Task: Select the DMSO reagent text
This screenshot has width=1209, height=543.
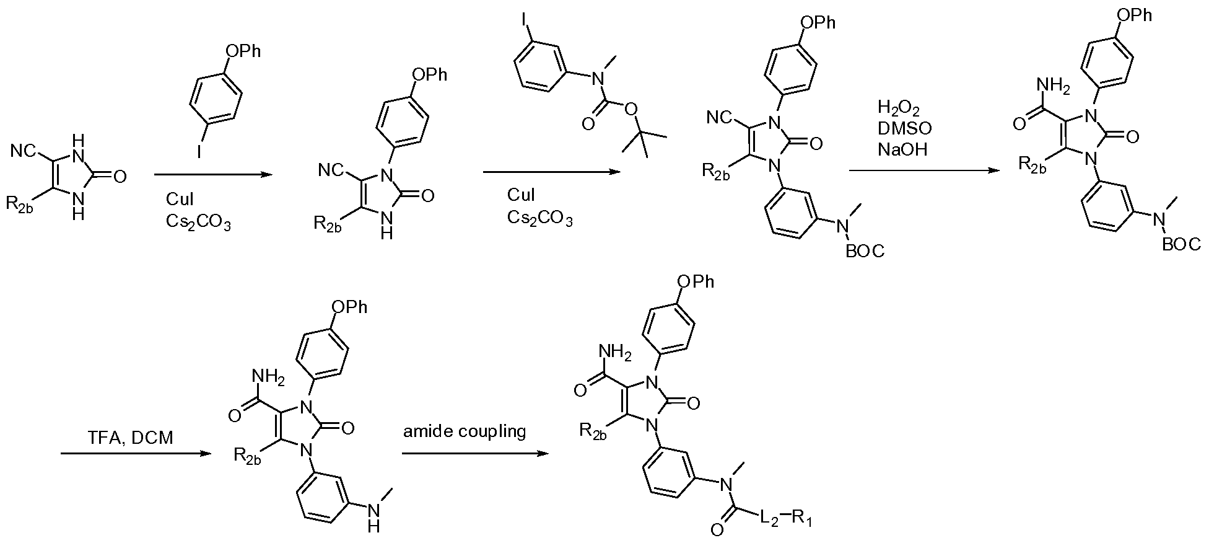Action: click(905, 128)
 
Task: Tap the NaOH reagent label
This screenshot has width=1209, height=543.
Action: click(902, 149)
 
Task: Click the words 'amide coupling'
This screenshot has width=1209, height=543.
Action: click(465, 431)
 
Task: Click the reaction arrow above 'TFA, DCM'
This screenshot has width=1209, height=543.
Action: click(133, 454)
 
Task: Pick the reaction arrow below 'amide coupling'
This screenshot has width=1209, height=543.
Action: click(476, 454)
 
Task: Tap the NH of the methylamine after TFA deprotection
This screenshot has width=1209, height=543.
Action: click(373, 516)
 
